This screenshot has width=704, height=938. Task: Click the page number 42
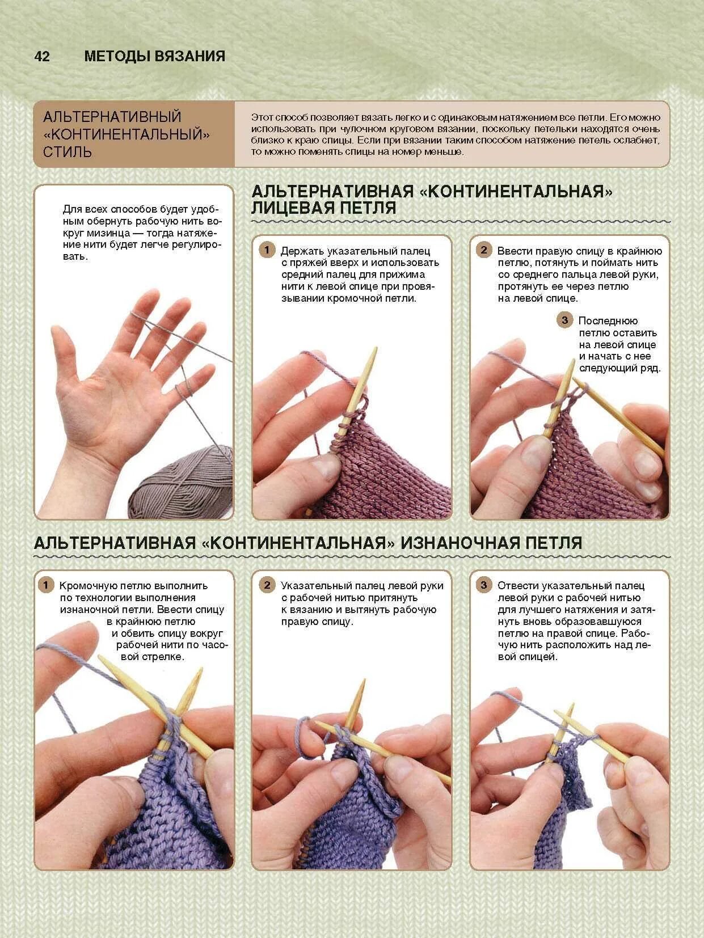coord(42,56)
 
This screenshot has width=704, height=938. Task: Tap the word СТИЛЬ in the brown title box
coord(67,152)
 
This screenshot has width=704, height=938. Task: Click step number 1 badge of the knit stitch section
coord(267,250)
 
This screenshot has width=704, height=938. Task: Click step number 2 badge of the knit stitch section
coord(484,250)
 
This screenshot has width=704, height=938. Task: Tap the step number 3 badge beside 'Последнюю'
coord(564,320)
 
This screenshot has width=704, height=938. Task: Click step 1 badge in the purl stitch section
coord(46,585)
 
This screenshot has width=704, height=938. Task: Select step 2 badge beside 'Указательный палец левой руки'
coord(267,585)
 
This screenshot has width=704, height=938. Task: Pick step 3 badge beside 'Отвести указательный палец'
coord(484,585)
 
